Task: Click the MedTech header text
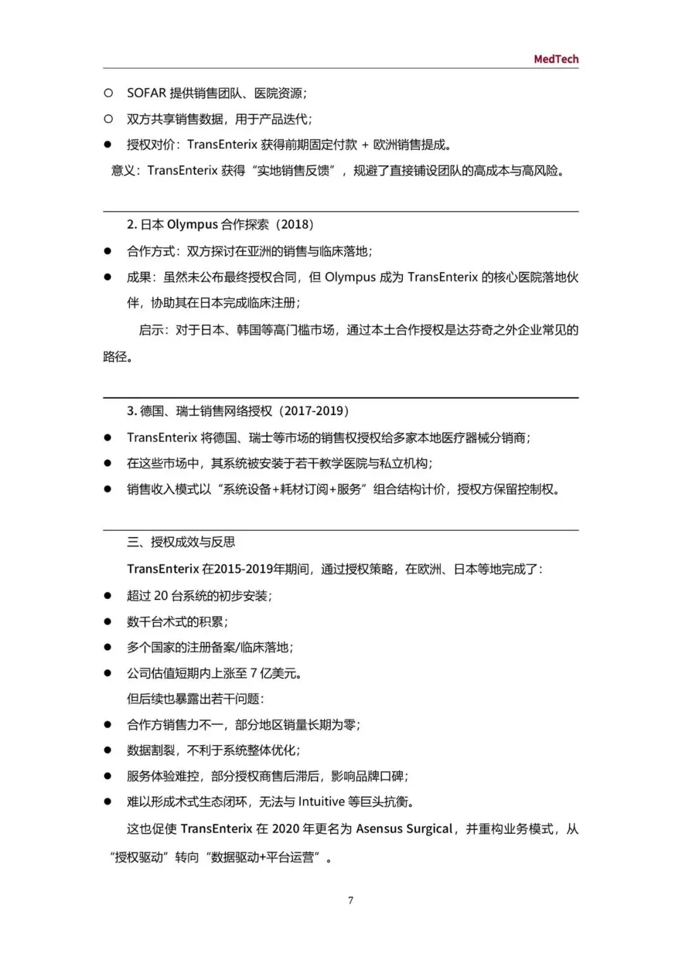pyautogui.click(x=556, y=59)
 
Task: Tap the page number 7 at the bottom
pyautogui.click(x=350, y=900)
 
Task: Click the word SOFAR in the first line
pyautogui.click(x=147, y=93)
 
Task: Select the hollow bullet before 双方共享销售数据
pyautogui.click(x=108, y=119)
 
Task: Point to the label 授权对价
pyautogui.click(x=150, y=145)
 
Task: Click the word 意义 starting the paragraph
pyautogui.click(x=123, y=170)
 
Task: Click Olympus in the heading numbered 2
pyautogui.click(x=192, y=224)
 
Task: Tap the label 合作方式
pyautogui.click(x=150, y=251)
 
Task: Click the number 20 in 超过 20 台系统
pyautogui.click(x=161, y=596)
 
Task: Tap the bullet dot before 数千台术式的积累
pyautogui.click(x=108, y=622)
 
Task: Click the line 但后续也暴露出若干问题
pyautogui.click(x=195, y=699)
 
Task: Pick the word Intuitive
pyautogui.click(x=321, y=801)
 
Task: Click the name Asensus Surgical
pyautogui.click(x=404, y=829)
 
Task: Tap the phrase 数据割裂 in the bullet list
pyautogui.click(x=150, y=750)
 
